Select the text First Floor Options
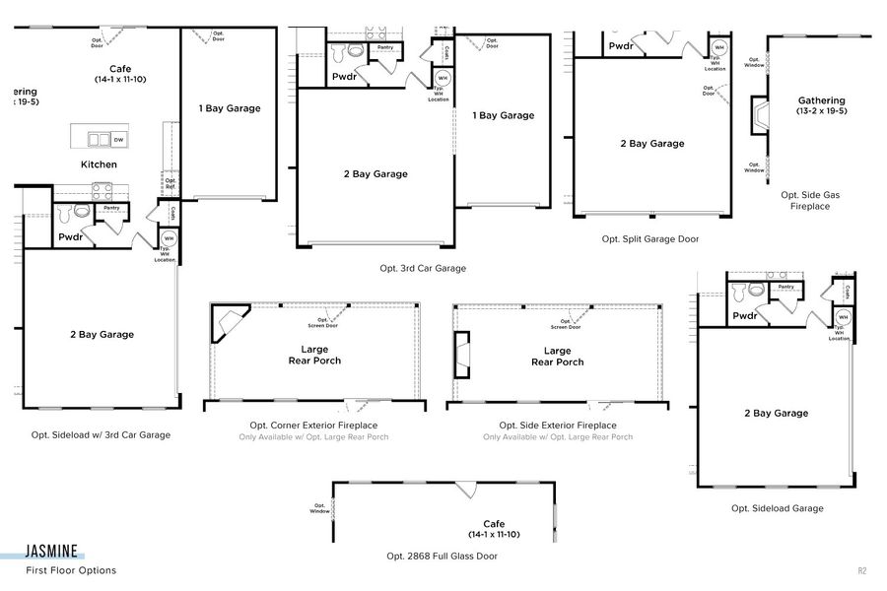(71, 570)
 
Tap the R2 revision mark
(861, 570)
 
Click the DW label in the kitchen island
(118, 139)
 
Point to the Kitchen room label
(99, 164)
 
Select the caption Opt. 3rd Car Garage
(423, 268)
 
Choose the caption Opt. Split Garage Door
(651, 238)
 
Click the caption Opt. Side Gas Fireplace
(805, 201)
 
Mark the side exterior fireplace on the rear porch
(462, 356)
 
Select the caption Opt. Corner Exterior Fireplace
(313, 426)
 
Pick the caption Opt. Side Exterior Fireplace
(558, 426)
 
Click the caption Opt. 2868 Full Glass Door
(442, 556)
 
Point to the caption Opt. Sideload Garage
(777, 508)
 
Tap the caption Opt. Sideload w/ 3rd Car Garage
(101, 434)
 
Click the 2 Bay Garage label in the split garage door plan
(651, 144)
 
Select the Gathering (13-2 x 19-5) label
(821, 105)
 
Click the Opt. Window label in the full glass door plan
(319, 508)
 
